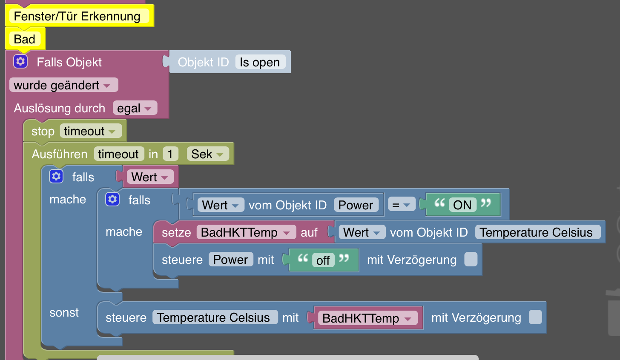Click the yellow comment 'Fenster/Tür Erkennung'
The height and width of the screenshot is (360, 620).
77,16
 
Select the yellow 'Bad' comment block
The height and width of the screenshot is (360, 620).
24,39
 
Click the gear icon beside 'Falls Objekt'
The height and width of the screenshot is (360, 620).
20,62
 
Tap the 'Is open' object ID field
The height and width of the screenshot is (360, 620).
259,62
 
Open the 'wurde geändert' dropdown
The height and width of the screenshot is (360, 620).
63,85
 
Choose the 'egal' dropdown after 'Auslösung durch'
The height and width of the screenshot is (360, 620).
135,108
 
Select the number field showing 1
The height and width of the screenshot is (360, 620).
170,154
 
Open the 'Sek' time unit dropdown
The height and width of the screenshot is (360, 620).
207,154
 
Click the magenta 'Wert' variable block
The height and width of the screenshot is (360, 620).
149,177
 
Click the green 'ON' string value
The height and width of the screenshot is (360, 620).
462,205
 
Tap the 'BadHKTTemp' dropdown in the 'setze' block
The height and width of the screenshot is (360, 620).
245,232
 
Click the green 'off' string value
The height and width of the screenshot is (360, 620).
323,260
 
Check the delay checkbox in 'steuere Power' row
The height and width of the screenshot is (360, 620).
471,259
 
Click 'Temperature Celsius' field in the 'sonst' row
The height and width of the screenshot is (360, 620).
213,317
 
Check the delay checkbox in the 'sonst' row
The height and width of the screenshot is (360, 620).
535,317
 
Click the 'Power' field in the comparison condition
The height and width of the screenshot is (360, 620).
356,205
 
